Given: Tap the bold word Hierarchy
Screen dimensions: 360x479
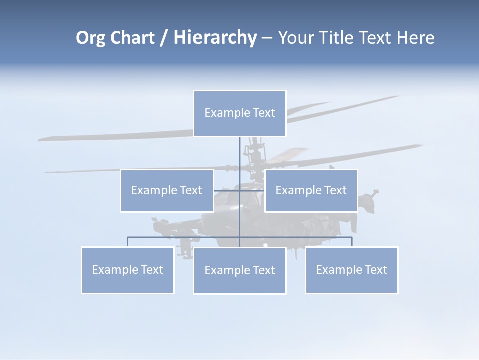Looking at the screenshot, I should (x=215, y=38).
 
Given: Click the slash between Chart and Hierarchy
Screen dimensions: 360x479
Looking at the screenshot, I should (x=164, y=38).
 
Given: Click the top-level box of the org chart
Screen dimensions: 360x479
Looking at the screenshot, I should (x=239, y=113).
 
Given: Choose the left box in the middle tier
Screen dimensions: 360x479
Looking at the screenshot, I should (x=167, y=191).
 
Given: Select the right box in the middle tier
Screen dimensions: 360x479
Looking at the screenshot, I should (x=311, y=191).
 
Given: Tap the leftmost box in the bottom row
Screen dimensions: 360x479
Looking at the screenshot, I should (x=128, y=270).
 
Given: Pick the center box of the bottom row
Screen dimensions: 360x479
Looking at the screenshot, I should (x=239, y=271).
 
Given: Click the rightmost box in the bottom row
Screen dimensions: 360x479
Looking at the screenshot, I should (x=352, y=270).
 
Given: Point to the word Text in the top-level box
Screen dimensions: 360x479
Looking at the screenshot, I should (x=264, y=113).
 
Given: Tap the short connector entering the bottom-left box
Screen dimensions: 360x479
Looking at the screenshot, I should (x=128, y=242).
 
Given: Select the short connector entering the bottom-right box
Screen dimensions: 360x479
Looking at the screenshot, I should (x=352, y=242).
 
